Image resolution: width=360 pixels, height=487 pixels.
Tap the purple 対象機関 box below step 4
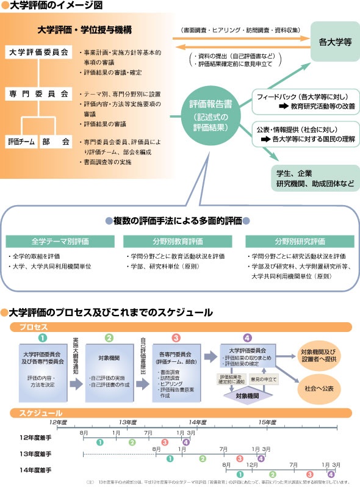coord(247,395)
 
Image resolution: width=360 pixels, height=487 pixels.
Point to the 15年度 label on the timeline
coord(267,422)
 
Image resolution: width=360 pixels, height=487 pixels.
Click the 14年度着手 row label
coord(35,471)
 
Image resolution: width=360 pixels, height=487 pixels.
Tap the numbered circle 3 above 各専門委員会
coord(175,337)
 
